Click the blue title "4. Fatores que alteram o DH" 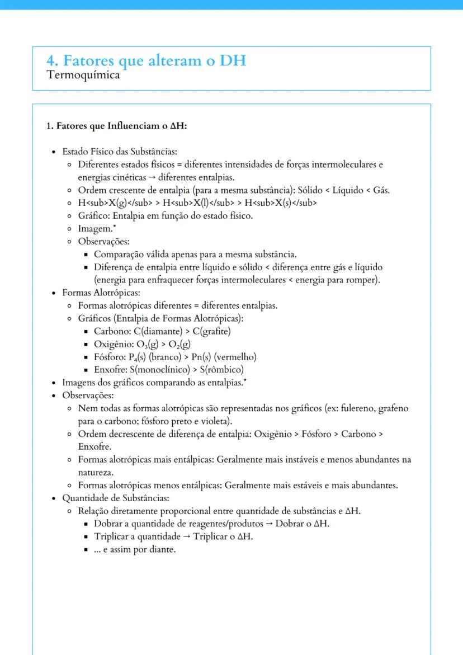coord(147,61)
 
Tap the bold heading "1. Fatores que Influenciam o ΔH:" coord(116,126)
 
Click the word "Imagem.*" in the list coord(98,228)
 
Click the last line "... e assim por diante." coord(135,549)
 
